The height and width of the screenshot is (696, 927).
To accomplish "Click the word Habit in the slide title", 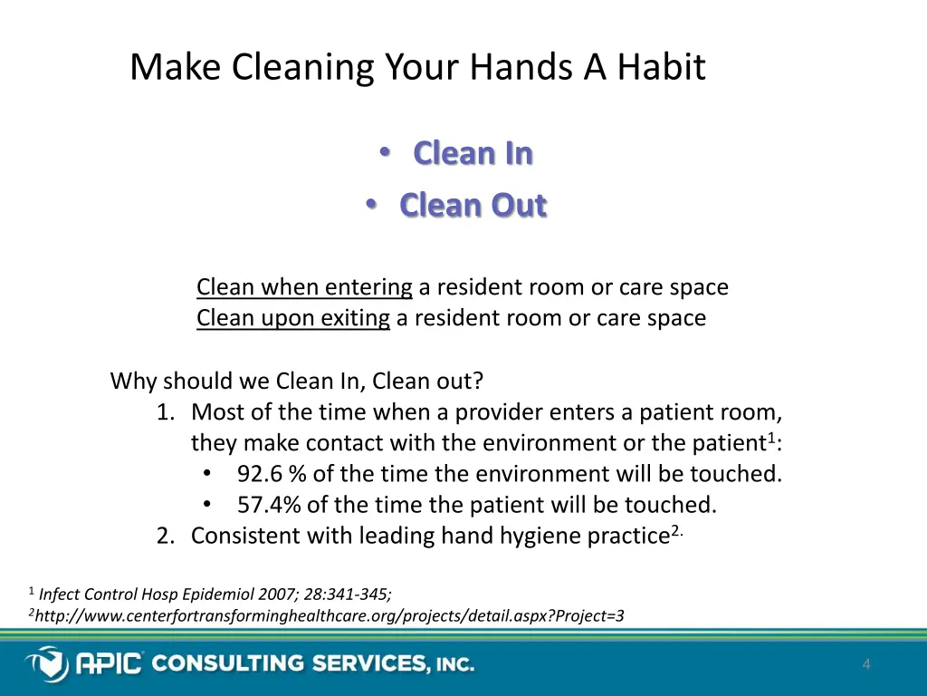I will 661,68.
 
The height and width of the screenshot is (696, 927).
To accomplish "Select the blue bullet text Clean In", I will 473,154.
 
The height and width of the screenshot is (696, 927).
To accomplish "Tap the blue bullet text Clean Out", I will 473,206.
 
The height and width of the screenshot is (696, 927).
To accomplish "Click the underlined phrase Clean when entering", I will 304,288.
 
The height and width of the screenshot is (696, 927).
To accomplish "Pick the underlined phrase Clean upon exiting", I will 293,319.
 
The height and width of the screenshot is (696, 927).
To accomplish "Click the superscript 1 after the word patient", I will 770,439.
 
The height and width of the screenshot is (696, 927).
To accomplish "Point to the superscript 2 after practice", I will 675,531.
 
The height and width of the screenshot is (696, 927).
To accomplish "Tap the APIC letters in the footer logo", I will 109,664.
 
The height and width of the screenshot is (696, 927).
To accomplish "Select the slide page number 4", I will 866,665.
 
